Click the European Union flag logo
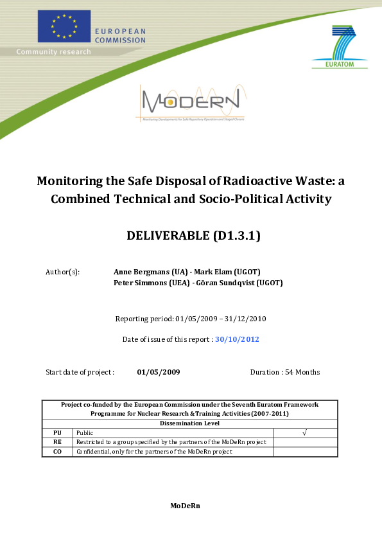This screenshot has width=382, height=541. [64, 26]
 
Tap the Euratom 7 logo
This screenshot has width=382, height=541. [340, 46]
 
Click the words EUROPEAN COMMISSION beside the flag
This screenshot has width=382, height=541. [120, 35]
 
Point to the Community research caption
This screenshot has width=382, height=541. [53, 51]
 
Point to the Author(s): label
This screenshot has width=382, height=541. [63, 272]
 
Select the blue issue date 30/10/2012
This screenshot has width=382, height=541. [237, 339]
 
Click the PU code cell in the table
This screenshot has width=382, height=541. [57, 433]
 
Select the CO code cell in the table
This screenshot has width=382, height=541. [57, 452]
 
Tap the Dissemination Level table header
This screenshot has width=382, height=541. [190, 423]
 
